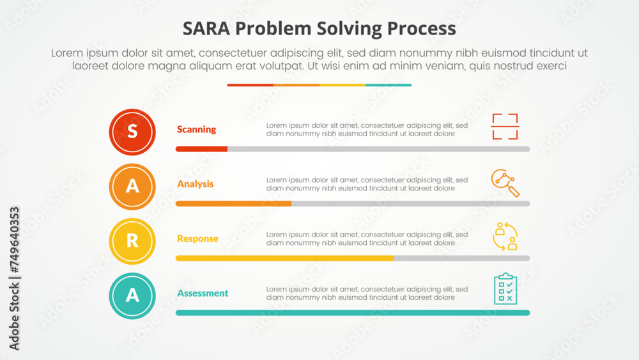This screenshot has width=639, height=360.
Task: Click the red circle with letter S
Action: click(132, 132)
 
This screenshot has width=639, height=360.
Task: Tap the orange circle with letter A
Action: click(132, 187)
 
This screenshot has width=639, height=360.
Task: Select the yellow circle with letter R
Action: click(132, 241)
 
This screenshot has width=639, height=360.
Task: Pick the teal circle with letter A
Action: click(132, 296)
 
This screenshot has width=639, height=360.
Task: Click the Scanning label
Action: click(196, 130)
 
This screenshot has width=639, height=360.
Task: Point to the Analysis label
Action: click(195, 184)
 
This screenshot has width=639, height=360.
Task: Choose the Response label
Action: click(197, 239)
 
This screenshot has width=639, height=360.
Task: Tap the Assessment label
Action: click(203, 293)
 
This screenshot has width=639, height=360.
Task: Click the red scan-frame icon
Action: click(505, 127)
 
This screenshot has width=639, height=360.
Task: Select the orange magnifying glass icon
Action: click(505, 183)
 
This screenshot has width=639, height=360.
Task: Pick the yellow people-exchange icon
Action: click(505, 236)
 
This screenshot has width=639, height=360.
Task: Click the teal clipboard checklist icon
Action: click(505, 289)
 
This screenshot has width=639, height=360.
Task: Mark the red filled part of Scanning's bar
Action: click(201, 149)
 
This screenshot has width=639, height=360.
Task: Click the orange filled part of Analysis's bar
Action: click(233, 204)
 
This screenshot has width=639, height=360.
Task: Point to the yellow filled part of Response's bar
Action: click(285, 258)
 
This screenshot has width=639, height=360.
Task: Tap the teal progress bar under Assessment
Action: click(353, 313)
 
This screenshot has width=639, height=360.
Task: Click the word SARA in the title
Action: click(206, 29)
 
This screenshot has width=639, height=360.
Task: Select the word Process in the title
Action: click(421, 29)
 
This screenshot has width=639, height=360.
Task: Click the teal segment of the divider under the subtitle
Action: click(389, 85)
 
